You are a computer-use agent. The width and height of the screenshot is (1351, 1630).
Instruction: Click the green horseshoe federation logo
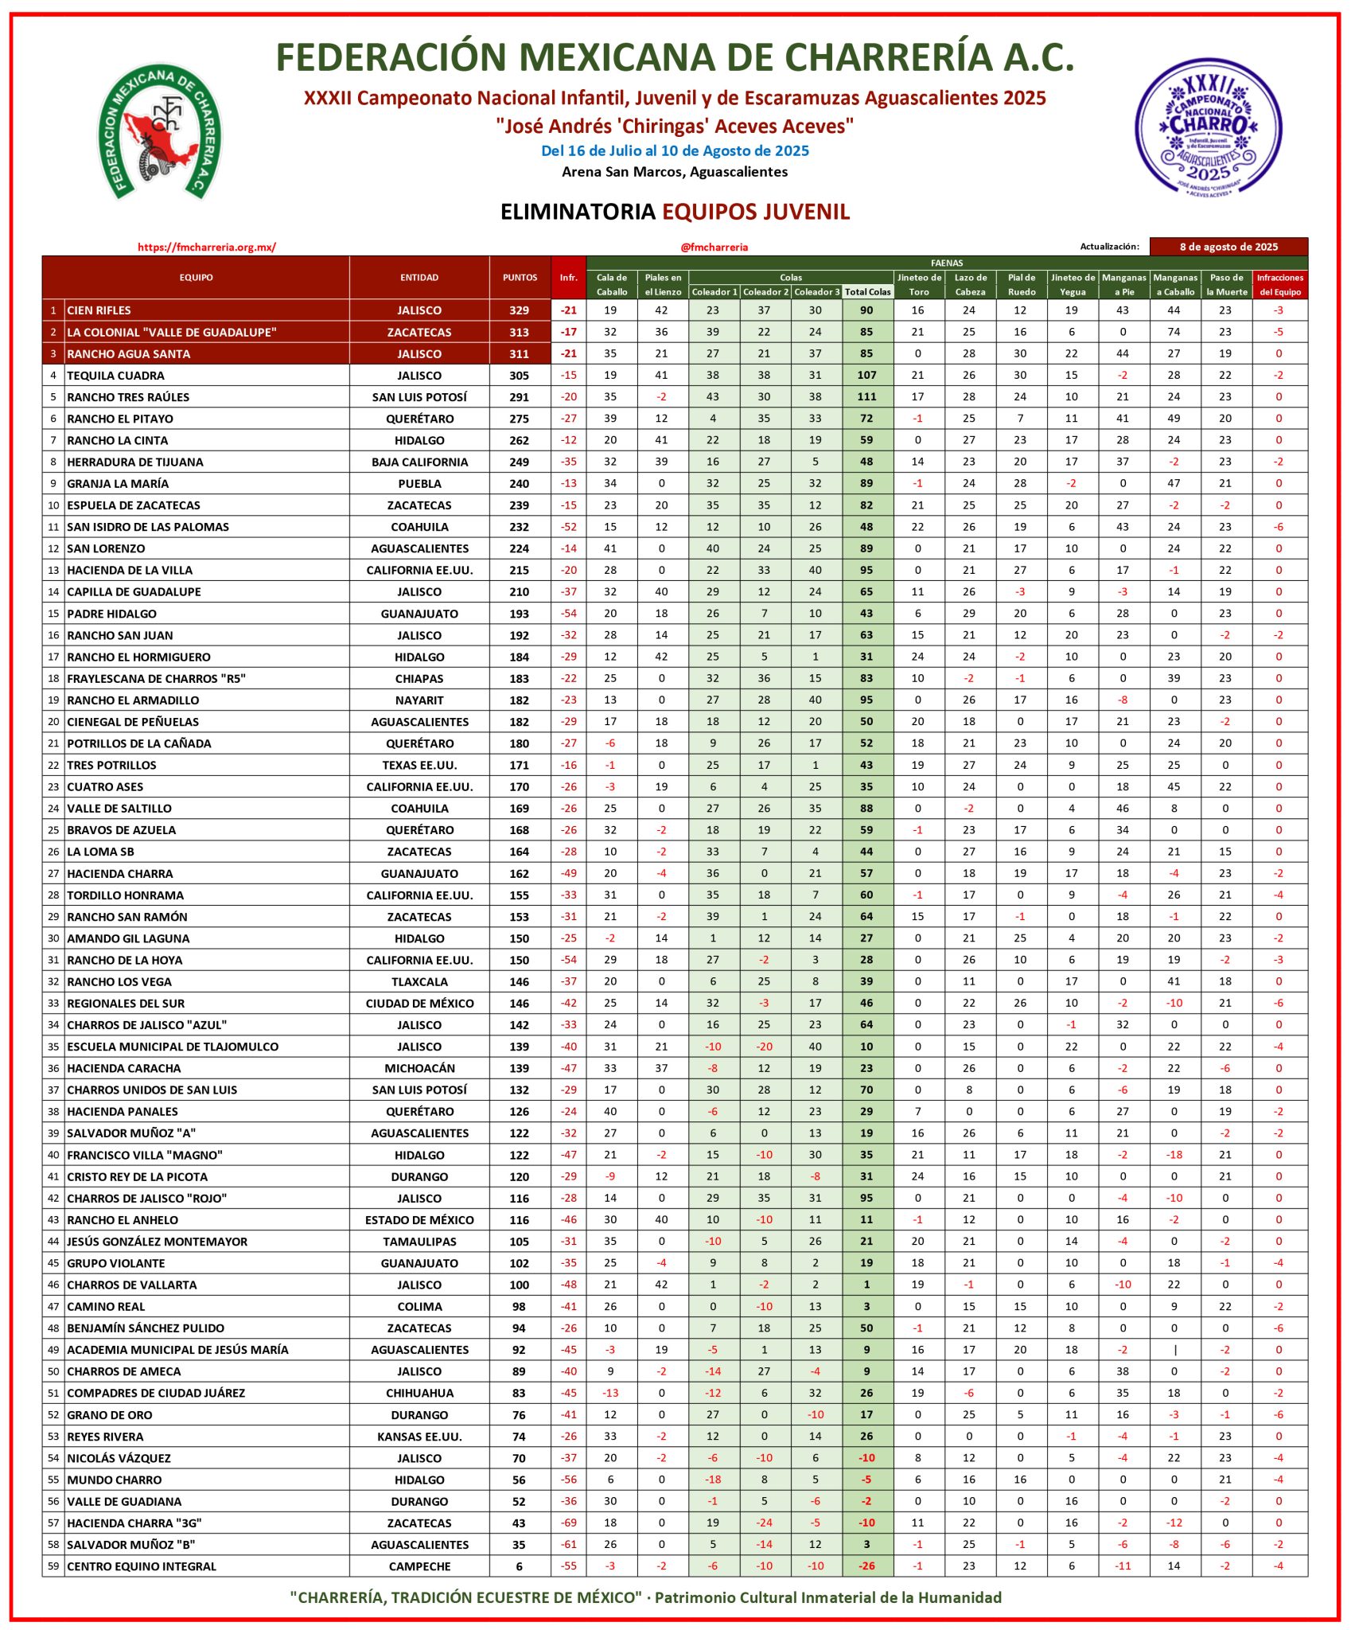(160, 132)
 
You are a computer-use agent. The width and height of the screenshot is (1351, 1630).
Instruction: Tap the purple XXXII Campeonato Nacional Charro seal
(1208, 127)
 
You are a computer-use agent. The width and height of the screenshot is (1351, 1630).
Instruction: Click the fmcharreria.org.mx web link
(207, 247)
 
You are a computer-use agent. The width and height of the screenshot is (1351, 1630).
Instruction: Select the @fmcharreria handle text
(714, 247)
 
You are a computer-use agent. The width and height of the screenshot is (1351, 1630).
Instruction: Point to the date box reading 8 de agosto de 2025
(1228, 247)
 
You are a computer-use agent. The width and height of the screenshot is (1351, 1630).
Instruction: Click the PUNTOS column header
(520, 278)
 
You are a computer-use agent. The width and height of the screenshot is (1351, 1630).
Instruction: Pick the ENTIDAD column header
(419, 278)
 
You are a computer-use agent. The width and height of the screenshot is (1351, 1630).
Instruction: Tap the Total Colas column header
(867, 292)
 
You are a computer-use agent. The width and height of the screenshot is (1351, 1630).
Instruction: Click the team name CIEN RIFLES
(99, 310)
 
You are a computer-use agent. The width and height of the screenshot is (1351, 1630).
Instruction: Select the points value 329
(520, 310)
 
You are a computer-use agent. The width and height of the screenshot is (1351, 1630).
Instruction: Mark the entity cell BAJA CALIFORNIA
(419, 462)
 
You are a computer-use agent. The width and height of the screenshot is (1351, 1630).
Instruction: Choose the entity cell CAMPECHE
(419, 1566)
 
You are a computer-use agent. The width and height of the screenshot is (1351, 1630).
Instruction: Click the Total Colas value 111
(866, 397)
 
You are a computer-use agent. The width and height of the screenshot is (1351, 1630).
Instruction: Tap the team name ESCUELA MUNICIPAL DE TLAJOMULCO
(172, 1047)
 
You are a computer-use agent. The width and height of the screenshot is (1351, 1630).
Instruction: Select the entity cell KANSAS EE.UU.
(419, 1437)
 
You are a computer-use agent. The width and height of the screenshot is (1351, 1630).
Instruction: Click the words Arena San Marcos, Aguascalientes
(675, 172)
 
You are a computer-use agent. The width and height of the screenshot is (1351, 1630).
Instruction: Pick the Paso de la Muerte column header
(1225, 284)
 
